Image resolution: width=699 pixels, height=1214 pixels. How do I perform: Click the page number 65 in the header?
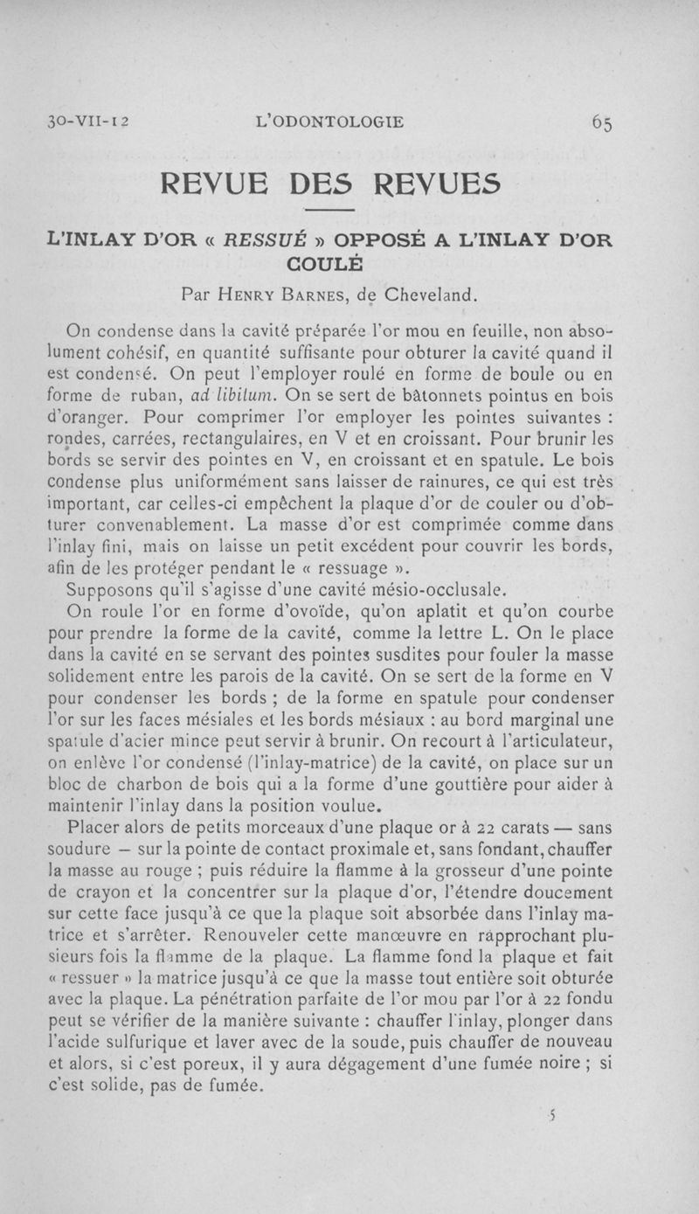coord(601,122)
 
